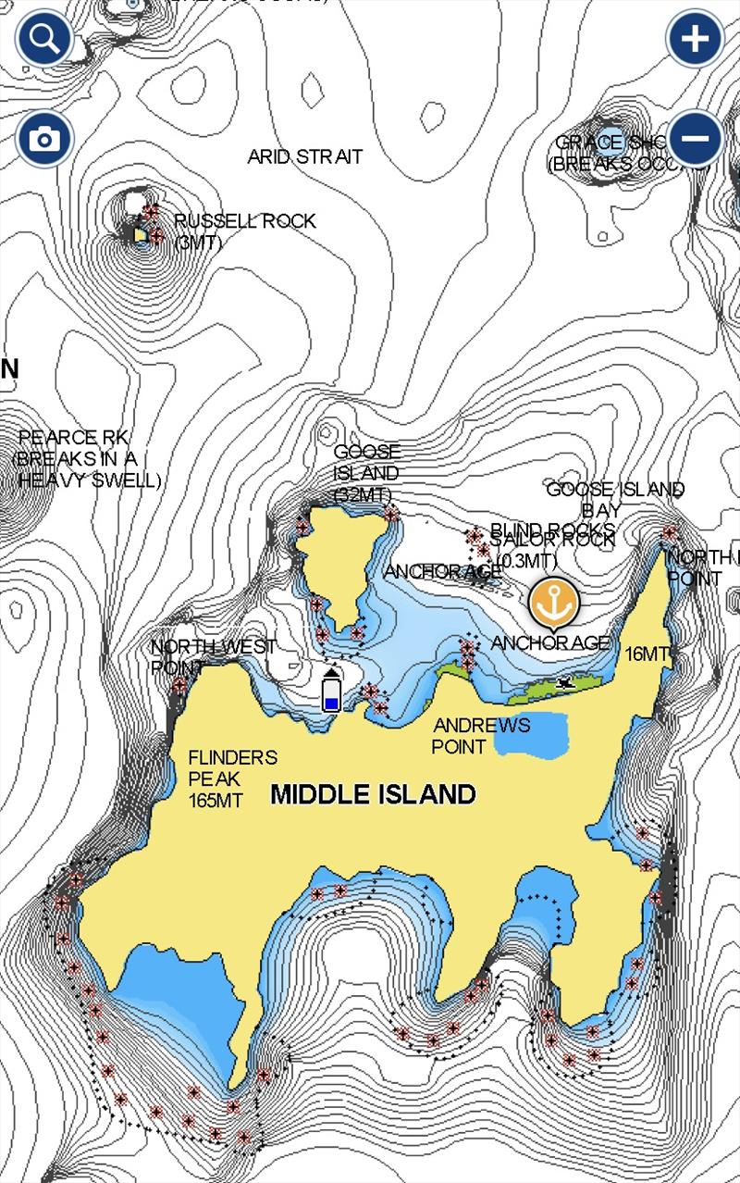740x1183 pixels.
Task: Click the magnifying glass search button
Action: (x=43, y=39)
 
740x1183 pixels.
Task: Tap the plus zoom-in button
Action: (x=695, y=39)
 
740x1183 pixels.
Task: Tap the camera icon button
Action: (x=43, y=140)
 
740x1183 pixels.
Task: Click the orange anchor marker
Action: (x=553, y=603)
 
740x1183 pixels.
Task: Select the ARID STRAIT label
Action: (x=304, y=156)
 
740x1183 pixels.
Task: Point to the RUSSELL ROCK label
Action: (x=244, y=221)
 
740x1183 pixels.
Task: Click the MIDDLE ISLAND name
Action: (x=373, y=794)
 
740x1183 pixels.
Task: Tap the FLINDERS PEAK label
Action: (x=231, y=757)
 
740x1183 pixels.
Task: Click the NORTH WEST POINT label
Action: (x=213, y=646)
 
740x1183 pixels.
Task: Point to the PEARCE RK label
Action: (x=74, y=437)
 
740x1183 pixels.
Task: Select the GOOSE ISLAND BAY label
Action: (x=615, y=489)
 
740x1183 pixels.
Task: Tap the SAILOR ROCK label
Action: (x=553, y=539)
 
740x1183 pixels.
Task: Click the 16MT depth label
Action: (x=646, y=654)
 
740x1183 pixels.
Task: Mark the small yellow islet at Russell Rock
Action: (x=141, y=235)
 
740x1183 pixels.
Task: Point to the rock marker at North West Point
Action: (x=179, y=686)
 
